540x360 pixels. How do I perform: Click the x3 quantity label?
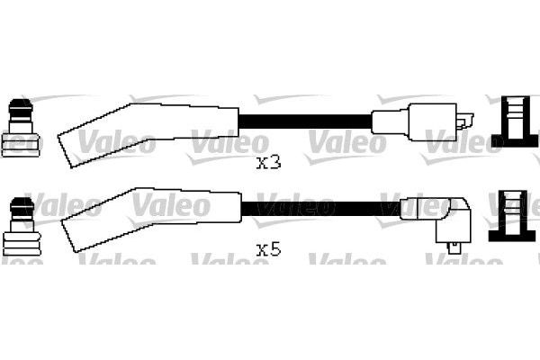coord(269,162)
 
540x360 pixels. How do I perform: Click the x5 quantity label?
coord(269,249)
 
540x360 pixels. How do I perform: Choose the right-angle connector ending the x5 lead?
coord(432,216)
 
